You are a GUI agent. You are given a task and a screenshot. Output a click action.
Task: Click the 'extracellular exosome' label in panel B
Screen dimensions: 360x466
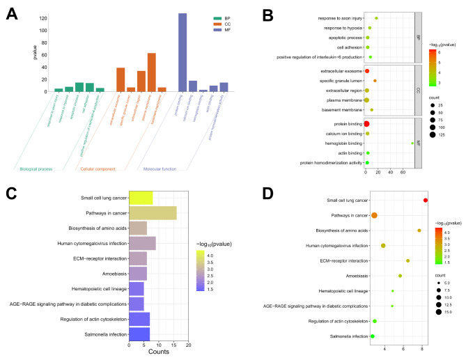tap(336, 71)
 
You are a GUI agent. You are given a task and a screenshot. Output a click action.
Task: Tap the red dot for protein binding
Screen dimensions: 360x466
tap(366, 124)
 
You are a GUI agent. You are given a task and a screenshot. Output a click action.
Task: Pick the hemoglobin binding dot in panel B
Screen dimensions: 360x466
tap(412, 143)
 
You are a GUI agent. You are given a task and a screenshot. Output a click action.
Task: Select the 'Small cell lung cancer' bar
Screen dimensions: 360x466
tap(141, 198)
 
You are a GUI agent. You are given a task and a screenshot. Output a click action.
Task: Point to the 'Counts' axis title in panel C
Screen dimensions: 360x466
tap(158, 354)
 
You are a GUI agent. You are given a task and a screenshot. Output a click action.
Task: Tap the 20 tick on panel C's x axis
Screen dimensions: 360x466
tap(188, 345)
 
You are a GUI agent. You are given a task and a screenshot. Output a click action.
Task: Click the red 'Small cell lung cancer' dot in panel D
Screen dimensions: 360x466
tap(426, 201)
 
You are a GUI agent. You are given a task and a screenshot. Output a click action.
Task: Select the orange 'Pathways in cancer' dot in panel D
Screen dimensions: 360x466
tap(375, 215)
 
